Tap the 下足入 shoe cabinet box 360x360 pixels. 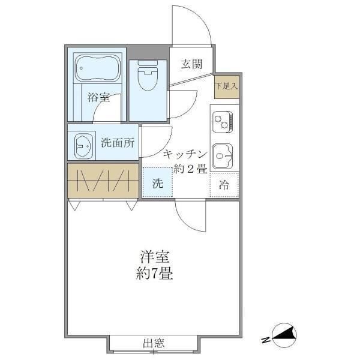click(x=227, y=86)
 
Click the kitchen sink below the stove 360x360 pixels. click(x=224, y=155)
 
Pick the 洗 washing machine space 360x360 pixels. click(x=157, y=183)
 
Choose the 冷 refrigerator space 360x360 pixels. click(x=224, y=185)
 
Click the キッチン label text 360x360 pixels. click(x=185, y=153)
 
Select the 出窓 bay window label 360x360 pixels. click(x=154, y=344)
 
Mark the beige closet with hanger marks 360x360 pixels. click(x=103, y=181)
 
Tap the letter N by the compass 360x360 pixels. click(x=265, y=341)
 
